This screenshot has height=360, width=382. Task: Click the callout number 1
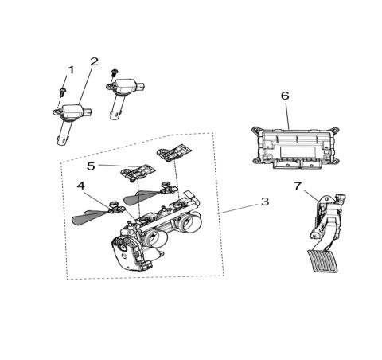click(70, 70)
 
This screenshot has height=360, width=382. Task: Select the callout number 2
click(94, 61)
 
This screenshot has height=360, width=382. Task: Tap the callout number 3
click(265, 202)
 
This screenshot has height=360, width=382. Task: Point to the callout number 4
click(80, 186)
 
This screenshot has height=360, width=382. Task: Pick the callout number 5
click(91, 166)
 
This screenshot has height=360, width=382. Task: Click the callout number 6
click(285, 96)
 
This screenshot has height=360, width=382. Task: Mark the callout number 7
click(298, 186)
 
